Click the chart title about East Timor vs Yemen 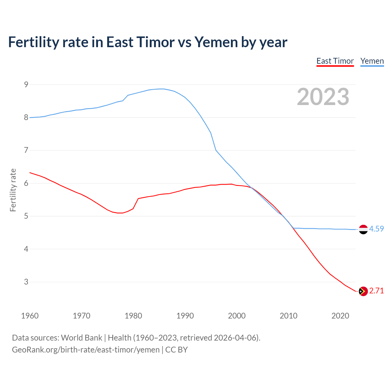(148, 42)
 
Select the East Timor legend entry (335, 61)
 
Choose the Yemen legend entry (372, 61)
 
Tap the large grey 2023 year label (323, 97)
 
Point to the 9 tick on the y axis (26, 85)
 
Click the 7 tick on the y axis (26, 150)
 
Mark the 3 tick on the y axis (26, 282)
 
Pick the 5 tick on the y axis (26, 216)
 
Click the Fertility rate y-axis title (13, 190)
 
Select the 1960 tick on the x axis (30, 316)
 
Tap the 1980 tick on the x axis (133, 316)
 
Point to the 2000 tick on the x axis (237, 316)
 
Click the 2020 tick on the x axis (340, 316)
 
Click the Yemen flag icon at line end (363, 229)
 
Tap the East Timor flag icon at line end (363, 291)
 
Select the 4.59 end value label (376, 229)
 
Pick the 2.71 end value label (376, 291)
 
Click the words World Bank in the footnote (81, 338)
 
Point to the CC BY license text (176, 350)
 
